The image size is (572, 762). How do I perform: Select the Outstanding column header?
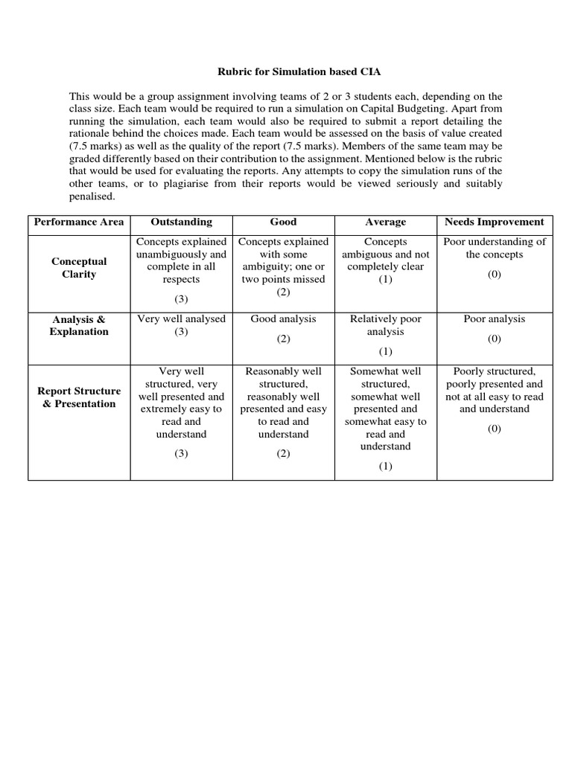pyautogui.click(x=181, y=222)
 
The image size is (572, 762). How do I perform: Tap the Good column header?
pyautogui.click(x=283, y=222)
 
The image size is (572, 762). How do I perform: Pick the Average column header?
pyautogui.click(x=385, y=222)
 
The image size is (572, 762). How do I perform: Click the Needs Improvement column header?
pyautogui.click(x=494, y=222)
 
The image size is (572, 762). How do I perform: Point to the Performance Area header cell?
pyautogui.click(x=79, y=222)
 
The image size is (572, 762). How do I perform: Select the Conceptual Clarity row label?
pyautogui.click(x=79, y=267)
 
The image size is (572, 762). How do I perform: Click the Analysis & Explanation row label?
pyautogui.click(x=79, y=325)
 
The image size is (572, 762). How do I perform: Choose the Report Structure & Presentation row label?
pyautogui.click(x=79, y=397)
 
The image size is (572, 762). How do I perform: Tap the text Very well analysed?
pyautogui.click(x=181, y=318)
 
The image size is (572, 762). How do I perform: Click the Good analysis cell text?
pyautogui.click(x=283, y=318)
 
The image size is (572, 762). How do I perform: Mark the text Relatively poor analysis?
pyautogui.click(x=385, y=324)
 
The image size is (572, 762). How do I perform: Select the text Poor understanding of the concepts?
pyautogui.click(x=494, y=248)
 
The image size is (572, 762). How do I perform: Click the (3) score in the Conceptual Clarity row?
pyautogui.click(x=181, y=298)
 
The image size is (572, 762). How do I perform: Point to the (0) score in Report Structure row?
pyautogui.click(x=494, y=429)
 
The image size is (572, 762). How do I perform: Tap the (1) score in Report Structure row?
pyautogui.click(x=385, y=467)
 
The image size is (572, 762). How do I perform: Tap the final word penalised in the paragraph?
pyautogui.click(x=92, y=196)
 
